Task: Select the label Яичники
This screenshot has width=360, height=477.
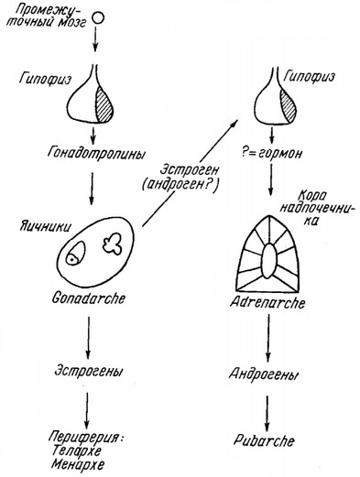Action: point(32,225)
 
